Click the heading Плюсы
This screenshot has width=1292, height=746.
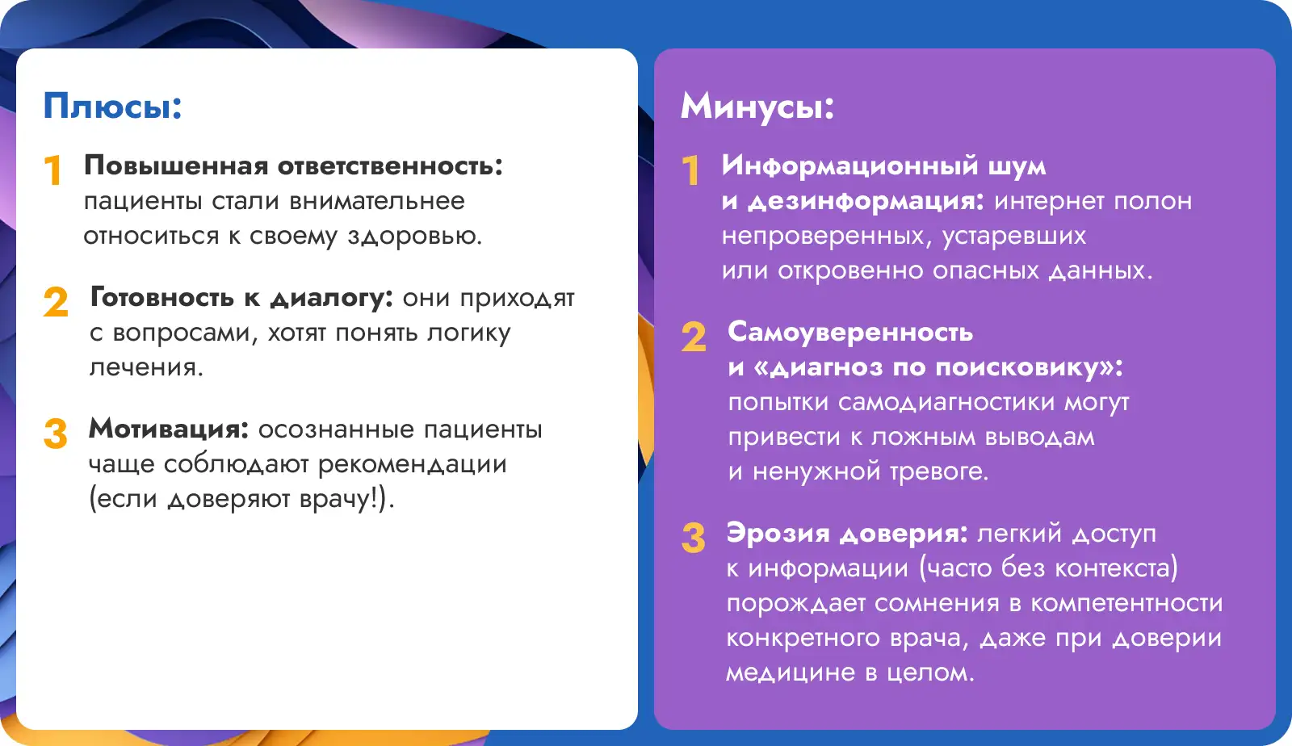(112, 107)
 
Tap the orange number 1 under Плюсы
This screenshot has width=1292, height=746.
(53, 170)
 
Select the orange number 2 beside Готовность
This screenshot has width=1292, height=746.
(56, 301)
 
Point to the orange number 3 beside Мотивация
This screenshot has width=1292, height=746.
(56, 433)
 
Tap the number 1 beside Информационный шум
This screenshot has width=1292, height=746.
(690, 170)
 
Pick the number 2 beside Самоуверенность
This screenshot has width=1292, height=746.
(694, 337)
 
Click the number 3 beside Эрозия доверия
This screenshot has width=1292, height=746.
(693, 538)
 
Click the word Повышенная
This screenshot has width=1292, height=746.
(177, 166)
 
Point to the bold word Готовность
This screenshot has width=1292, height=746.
(162, 297)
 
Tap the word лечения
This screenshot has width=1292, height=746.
(146, 367)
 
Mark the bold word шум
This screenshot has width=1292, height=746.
(1017, 166)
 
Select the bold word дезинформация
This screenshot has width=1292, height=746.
(866, 201)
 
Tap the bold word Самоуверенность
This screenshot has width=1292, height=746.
(850, 333)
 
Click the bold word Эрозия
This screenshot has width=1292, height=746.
(778, 534)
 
